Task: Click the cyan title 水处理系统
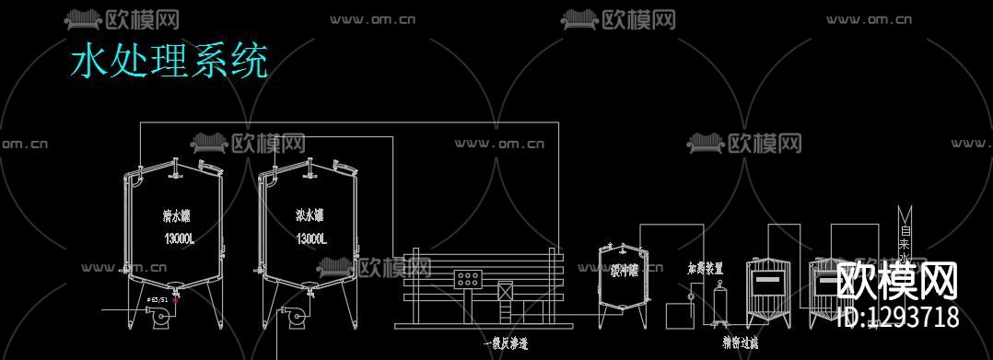pyautogui.click(x=169, y=61)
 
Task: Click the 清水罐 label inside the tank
pyautogui.click(x=176, y=217)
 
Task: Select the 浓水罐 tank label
pyautogui.click(x=310, y=216)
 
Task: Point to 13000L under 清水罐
pyautogui.click(x=179, y=239)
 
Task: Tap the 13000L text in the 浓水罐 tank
pyautogui.click(x=311, y=238)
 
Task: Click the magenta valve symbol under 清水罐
pyautogui.click(x=175, y=299)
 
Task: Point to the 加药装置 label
pyautogui.click(x=705, y=269)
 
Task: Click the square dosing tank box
pyautogui.click(x=679, y=315)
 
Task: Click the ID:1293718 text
pyautogui.click(x=898, y=317)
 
